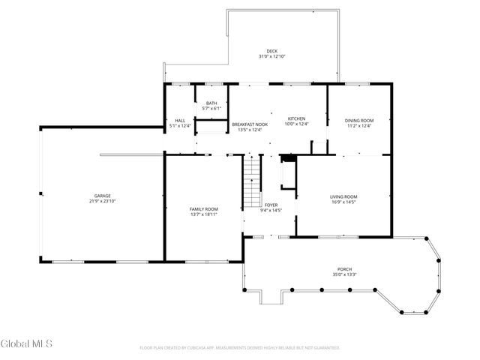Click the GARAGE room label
tap(102, 196)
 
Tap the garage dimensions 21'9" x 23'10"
tap(102, 201)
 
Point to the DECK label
tap(271, 52)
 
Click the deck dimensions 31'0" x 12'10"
tap(271, 57)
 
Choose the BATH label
tap(211, 103)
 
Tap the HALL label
tap(180, 120)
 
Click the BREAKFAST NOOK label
tap(250, 124)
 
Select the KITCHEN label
tap(297, 118)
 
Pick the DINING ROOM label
tap(358, 120)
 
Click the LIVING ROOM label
tap(343, 196)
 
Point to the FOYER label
tap(271, 205)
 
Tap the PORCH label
tap(344, 269)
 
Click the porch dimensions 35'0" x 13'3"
tap(344, 274)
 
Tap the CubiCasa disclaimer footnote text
tap(240, 348)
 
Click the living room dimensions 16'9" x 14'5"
tap(343, 202)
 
